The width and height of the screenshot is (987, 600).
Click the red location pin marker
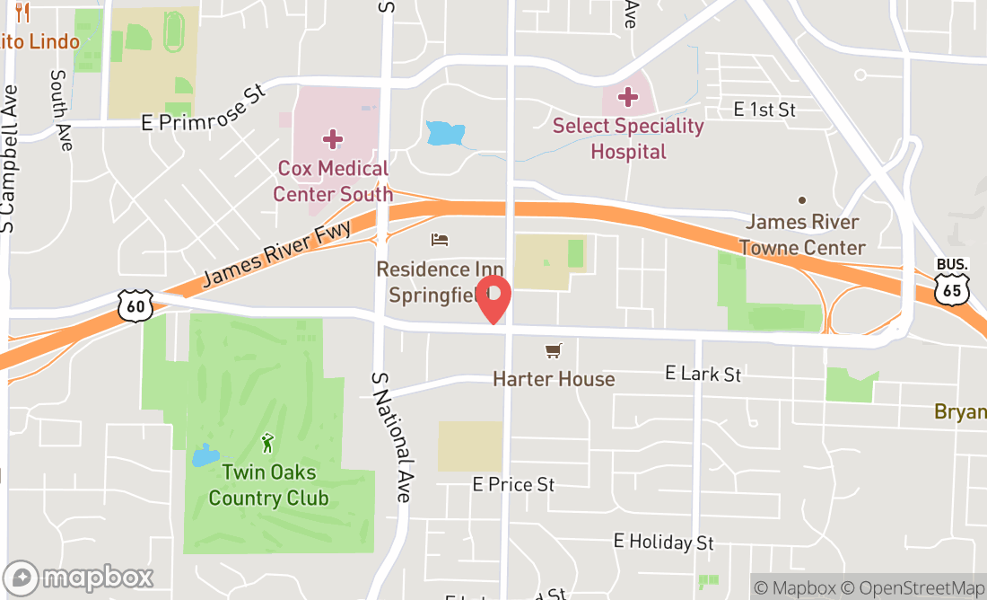(x=493, y=299)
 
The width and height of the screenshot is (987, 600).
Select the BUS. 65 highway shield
(x=952, y=281)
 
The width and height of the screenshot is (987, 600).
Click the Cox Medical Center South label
(x=332, y=181)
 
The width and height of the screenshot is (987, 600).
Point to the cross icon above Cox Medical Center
(x=333, y=138)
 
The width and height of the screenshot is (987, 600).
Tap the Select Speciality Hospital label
(x=628, y=138)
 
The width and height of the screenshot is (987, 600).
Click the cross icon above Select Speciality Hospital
(x=628, y=95)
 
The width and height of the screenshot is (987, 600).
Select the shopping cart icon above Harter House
(x=554, y=351)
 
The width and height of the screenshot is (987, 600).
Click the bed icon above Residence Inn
(x=440, y=240)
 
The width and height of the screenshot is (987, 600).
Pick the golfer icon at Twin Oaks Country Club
(x=267, y=443)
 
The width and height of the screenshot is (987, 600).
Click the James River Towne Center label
(x=802, y=234)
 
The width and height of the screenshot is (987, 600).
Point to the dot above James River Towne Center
(x=801, y=200)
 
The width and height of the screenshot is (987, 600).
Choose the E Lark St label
(x=703, y=373)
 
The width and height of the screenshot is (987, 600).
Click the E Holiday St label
(x=664, y=542)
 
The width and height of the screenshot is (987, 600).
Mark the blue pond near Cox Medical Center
(x=444, y=133)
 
